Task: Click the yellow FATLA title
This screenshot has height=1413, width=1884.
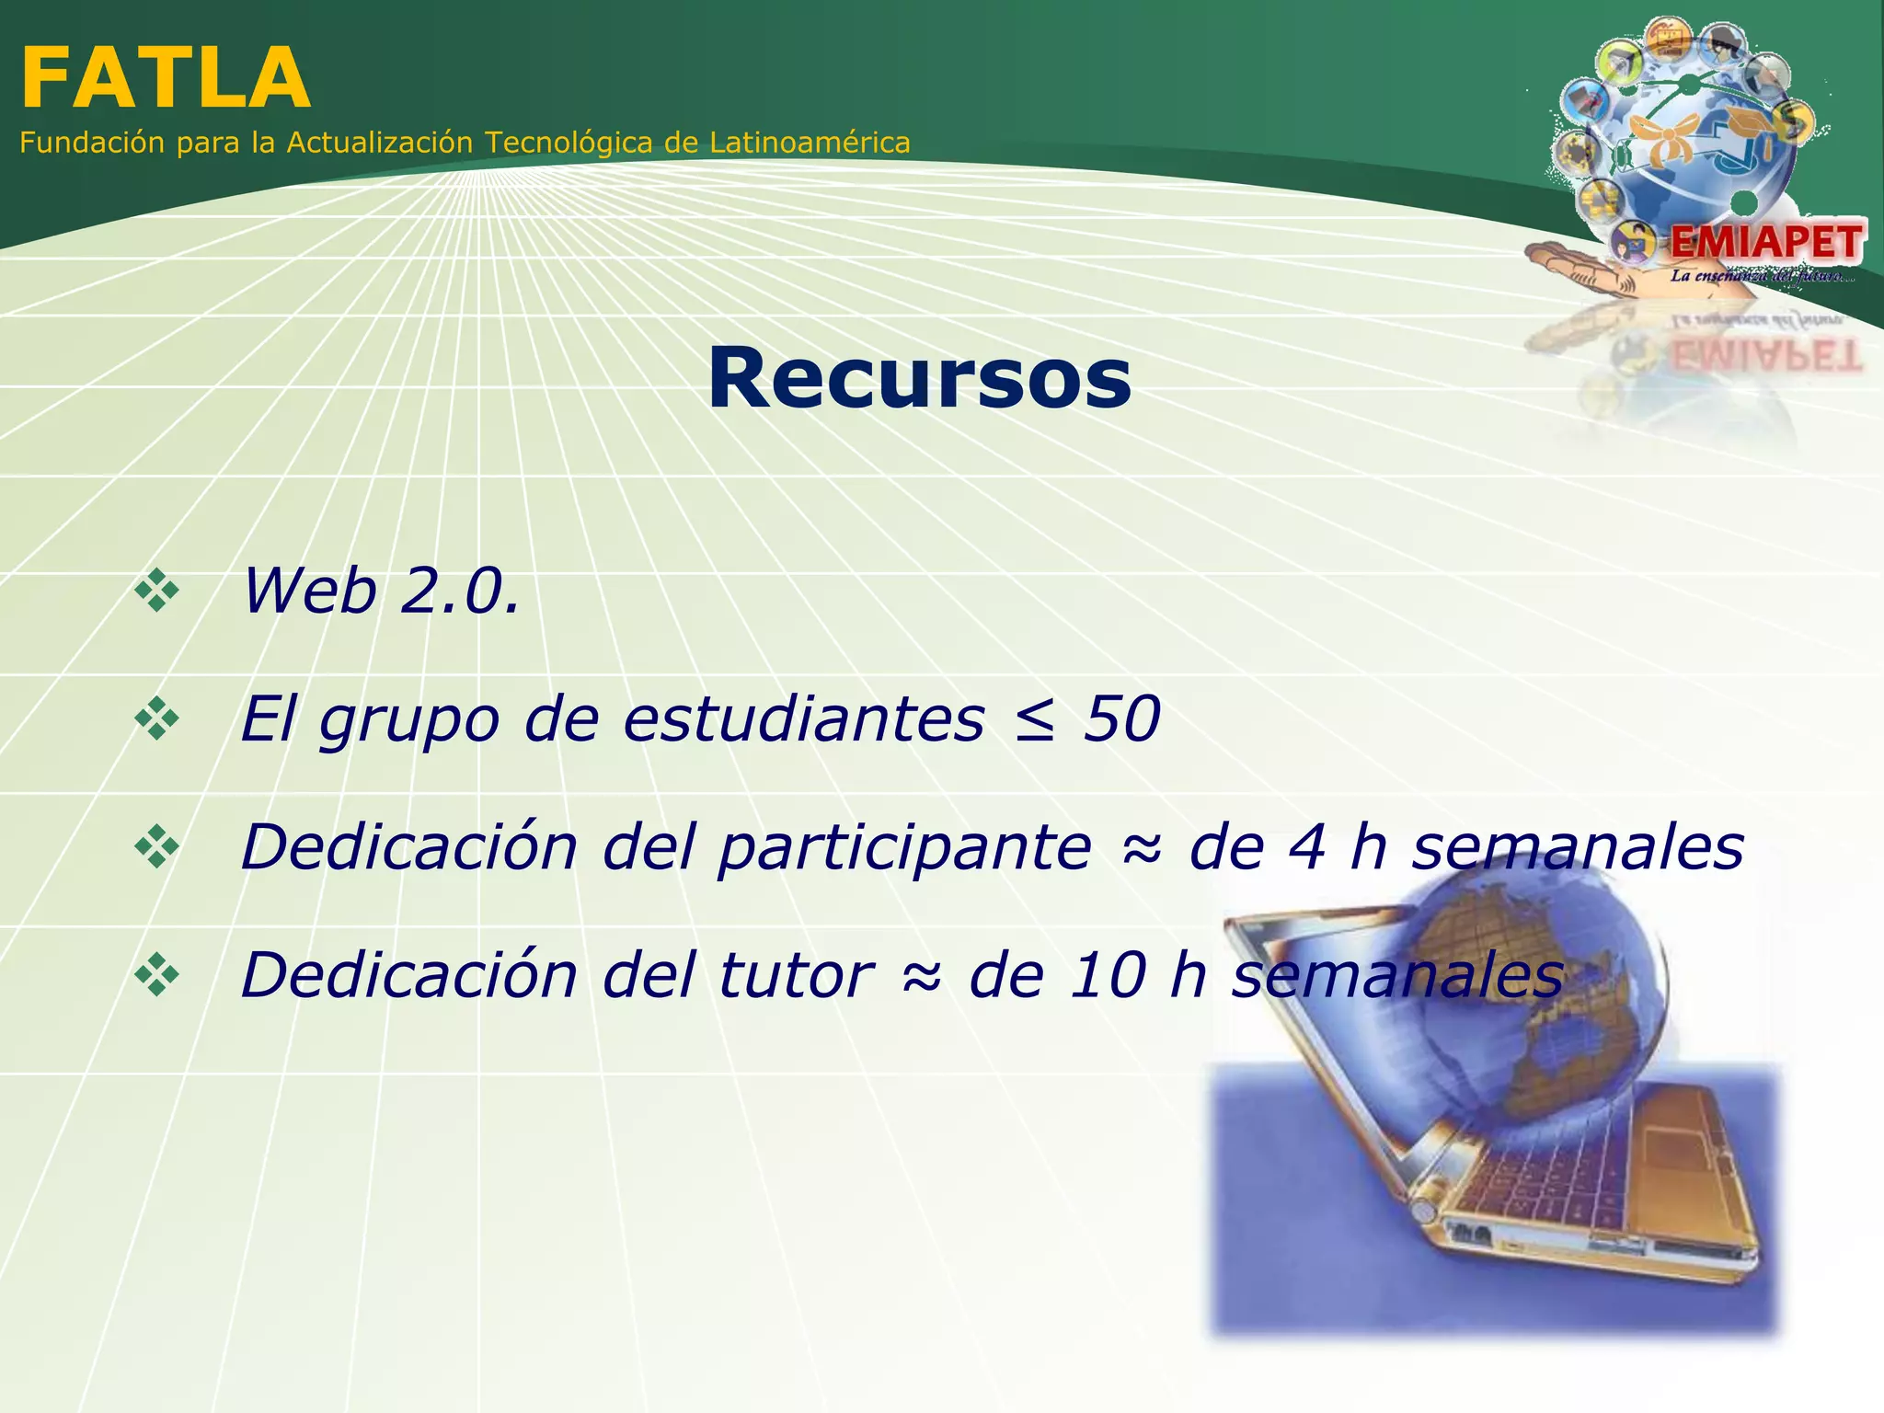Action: [x=166, y=79]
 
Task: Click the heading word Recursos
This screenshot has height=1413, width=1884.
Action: [x=919, y=378]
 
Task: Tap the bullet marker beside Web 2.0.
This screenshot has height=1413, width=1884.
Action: [x=157, y=591]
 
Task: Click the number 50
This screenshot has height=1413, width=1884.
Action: [x=1121, y=718]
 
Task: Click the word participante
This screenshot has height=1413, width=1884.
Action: [x=905, y=848]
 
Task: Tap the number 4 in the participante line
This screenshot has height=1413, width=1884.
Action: [x=1307, y=847]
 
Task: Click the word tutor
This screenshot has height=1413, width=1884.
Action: [x=796, y=975]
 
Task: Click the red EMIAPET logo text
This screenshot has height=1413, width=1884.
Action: [x=1766, y=243]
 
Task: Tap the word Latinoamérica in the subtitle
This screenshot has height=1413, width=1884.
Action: [x=810, y=143]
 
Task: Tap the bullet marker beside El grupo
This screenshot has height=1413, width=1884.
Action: [x=157, y=719]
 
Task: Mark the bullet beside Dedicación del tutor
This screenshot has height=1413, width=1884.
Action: [x=157, y=976]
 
